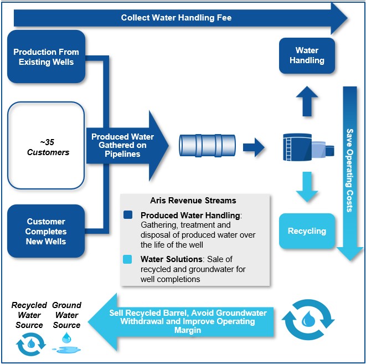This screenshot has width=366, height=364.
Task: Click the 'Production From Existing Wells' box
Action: pos(46,57)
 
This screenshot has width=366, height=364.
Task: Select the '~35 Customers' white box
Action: pos(46,146)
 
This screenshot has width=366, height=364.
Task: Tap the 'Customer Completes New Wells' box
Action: pos(46,232)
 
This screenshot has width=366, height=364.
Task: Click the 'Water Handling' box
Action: pos(307,55)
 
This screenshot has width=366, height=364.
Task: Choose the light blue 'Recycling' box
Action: pos(307,231)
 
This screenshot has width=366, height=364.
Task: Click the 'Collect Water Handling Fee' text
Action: pos(176,18)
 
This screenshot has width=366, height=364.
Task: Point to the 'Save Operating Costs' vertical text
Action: pos(349,170)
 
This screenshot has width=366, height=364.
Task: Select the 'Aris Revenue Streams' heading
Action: pos(193,201)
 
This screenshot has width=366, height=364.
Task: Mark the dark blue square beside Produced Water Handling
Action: pos(128,214)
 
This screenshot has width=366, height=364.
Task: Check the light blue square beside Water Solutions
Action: pos(128,259)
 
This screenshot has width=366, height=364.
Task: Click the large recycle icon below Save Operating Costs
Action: pos(308,320)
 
